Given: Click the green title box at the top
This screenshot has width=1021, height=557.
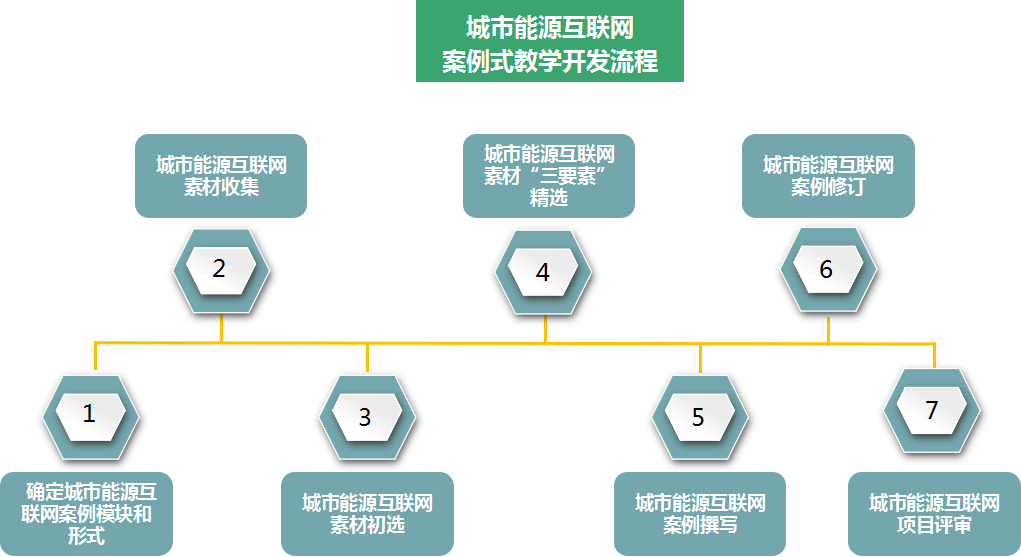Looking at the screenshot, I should pos(550,41).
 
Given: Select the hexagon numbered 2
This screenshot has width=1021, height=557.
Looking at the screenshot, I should pos(220,269).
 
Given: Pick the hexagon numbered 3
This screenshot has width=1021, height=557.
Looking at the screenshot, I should pos(366,416).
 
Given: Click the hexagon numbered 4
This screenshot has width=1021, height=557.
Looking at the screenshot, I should pos(543,272).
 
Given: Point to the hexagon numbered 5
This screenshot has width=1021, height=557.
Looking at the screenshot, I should pos(698,417).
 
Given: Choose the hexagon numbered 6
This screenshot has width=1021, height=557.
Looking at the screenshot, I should pos(826,269).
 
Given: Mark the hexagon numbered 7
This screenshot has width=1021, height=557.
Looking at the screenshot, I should pos(932,411).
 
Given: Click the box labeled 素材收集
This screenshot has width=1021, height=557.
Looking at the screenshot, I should pos(221,176).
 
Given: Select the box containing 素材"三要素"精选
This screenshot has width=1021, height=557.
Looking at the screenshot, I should pos(549,176).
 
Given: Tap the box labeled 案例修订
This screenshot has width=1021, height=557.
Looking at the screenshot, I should pos(828,176).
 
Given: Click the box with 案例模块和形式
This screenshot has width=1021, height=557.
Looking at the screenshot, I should pos(88,513).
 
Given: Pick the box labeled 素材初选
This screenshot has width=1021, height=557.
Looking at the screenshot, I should pos(367,513).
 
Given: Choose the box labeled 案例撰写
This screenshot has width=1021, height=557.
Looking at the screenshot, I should pos(700,513).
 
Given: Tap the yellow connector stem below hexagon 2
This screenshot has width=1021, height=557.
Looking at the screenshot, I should pos(221,329).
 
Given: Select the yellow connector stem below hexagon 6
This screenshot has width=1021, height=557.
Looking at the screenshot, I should pos(828,330).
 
